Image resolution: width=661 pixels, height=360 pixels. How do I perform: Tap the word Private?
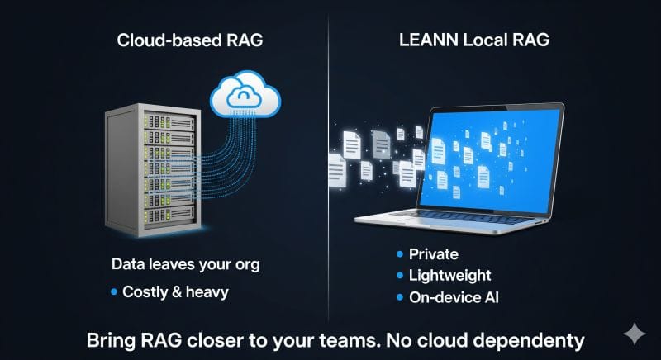pos(433,254)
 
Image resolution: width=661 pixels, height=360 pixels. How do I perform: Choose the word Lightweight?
pos(449,276)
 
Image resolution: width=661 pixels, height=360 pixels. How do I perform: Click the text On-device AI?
pos(454,297)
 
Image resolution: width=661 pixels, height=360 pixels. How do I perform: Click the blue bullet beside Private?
pos(401,254)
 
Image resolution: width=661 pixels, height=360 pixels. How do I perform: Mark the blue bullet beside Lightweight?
pos(401,276)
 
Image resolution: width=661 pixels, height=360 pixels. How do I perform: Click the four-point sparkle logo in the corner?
pos(635,334)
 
